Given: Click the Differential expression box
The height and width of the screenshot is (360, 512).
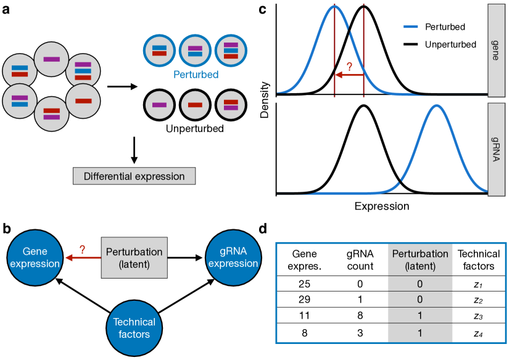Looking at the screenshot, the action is click(134, 176).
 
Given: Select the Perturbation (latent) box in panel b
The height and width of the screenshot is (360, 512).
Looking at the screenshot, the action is click(134, 258).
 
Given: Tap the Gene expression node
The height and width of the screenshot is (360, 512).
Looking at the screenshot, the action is click(35, 258).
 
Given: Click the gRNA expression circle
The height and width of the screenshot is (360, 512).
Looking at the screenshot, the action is click(233, 258).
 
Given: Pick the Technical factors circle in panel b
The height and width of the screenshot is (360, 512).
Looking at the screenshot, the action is click(134, 328).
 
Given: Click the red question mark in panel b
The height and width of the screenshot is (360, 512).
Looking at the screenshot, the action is click(82, 250).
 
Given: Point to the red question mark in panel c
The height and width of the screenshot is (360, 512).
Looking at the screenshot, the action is click(349, 67).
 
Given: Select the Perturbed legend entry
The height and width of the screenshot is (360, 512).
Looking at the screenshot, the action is click(434, 27).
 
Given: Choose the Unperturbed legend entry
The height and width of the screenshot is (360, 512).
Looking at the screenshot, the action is click(440, 44).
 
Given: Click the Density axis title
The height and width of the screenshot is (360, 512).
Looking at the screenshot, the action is click(265, 100).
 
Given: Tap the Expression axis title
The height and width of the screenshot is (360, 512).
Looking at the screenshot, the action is click(382, 207).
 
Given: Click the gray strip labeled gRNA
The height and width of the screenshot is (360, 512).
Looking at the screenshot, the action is click(497, 149).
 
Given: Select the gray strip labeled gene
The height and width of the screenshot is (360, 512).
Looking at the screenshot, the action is click(497, 51).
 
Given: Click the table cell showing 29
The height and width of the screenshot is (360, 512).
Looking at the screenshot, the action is click(304, 300).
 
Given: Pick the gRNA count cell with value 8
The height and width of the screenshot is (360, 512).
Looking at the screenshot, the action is click(360, 315).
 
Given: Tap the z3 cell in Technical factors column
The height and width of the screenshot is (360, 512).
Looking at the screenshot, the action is click(478, 316).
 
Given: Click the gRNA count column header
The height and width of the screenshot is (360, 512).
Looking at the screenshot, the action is click(360, 260).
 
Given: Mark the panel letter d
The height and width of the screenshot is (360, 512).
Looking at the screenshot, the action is click(263, 229).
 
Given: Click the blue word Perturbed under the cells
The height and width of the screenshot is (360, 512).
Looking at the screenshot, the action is click(196, 75).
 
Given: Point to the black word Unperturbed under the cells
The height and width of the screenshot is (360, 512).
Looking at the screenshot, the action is click(195, 129).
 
